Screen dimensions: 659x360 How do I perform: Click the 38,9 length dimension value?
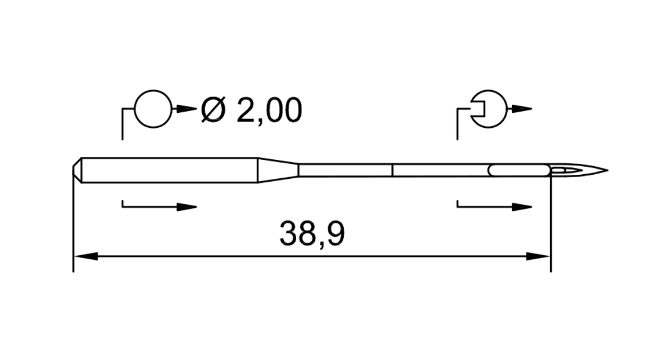[312, 234]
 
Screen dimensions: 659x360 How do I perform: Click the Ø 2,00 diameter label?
[252, 110]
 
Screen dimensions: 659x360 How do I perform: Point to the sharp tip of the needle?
[608, 170]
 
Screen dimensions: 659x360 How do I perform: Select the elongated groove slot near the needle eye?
[519, 170]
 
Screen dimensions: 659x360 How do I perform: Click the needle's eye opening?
[564, 170]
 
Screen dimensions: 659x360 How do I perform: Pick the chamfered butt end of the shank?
[77, 170]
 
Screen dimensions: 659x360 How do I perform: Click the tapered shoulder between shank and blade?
[278, 170]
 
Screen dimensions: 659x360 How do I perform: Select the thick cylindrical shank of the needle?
[170, 170]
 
